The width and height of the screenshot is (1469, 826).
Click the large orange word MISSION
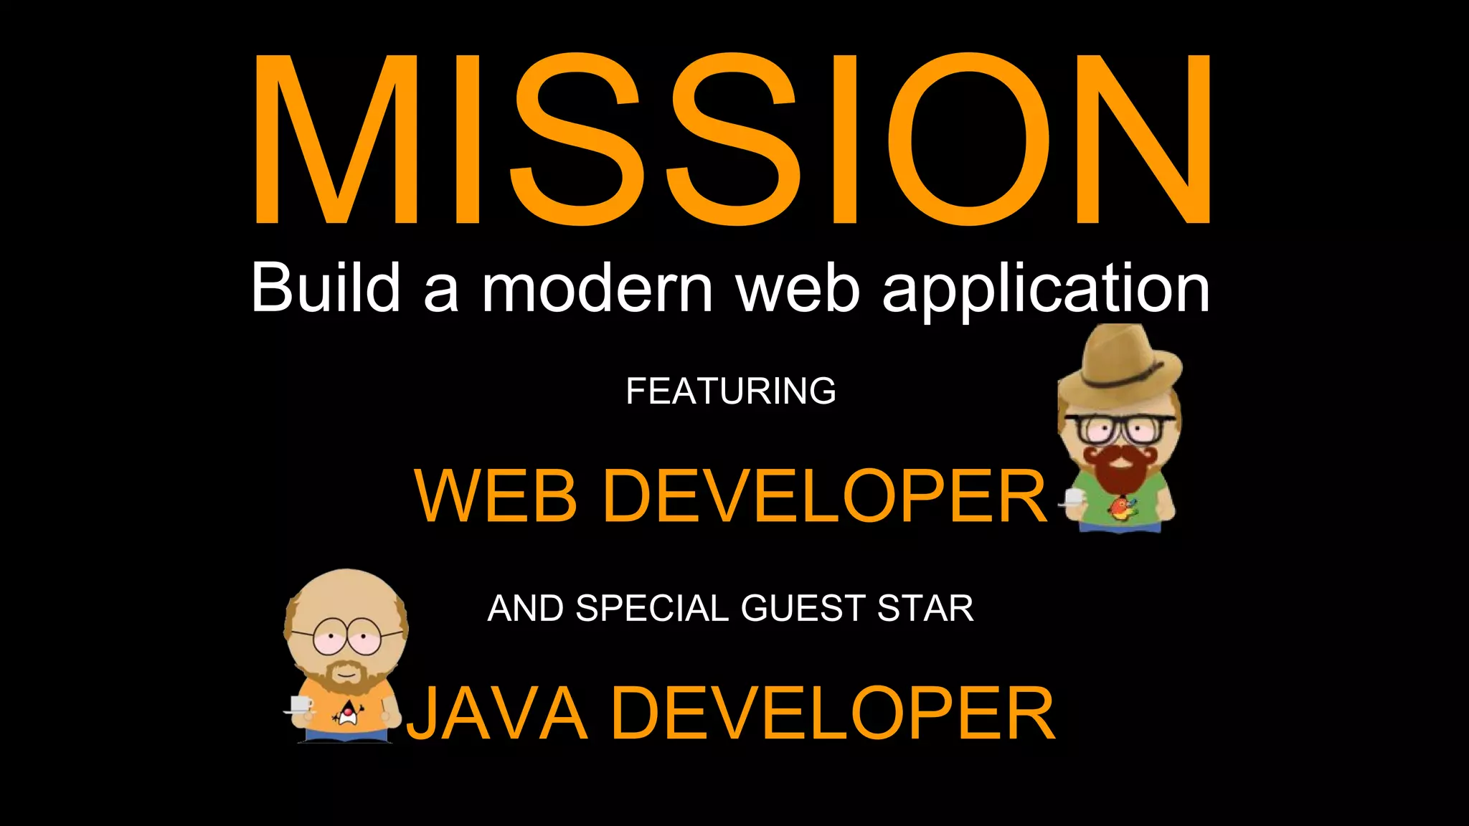point(732,140)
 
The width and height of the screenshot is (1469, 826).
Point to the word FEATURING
point(730,391)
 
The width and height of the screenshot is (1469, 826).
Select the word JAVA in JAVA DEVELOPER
point(498,713)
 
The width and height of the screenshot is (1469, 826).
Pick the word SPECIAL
point(651,609)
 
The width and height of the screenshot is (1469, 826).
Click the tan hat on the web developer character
point(1119,362)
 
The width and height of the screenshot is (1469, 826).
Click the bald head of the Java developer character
point(346,599)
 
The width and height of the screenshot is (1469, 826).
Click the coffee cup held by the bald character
point(301,703)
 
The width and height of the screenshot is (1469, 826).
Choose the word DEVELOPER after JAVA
point(832,713)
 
